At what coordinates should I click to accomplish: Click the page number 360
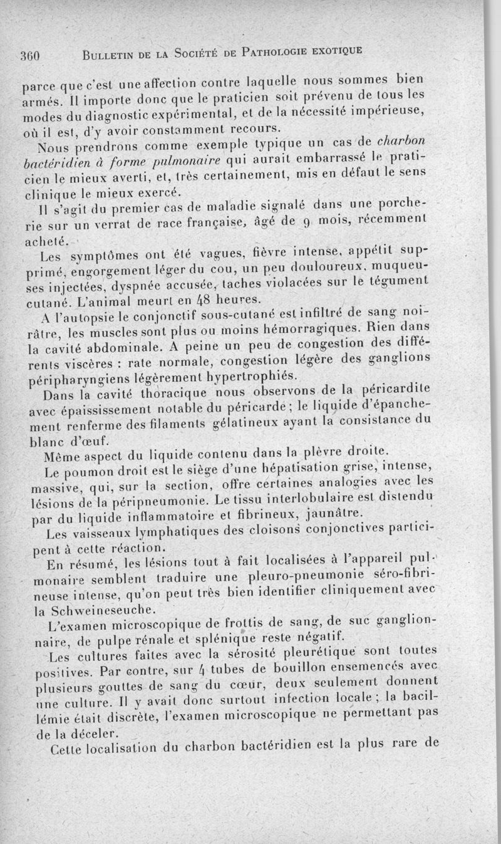click(x=29, y=55)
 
